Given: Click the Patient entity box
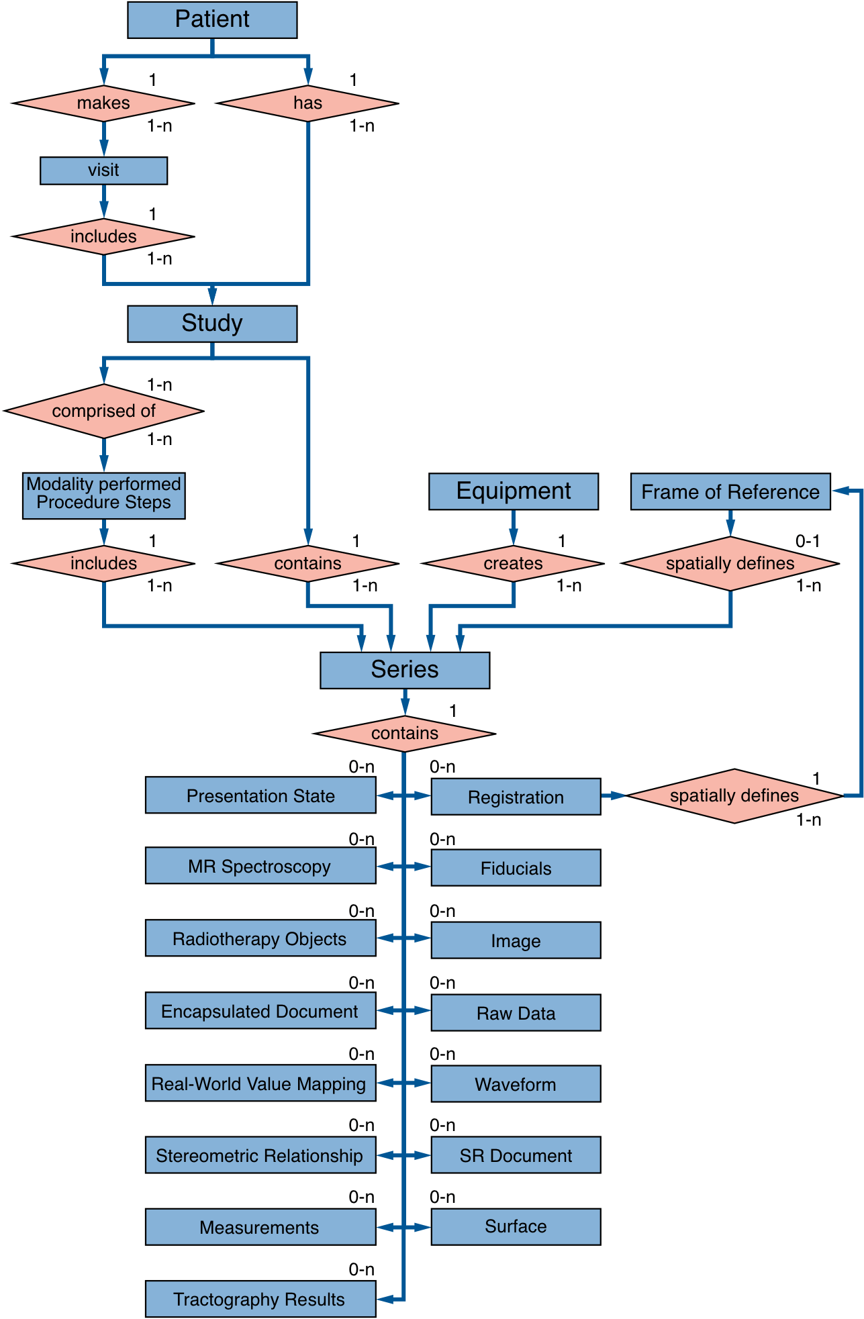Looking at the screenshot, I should pos(212,19).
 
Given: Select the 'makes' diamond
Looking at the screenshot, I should pos(103,103).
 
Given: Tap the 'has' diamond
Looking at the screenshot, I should pos(307,103).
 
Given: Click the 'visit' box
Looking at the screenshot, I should pos(103,170).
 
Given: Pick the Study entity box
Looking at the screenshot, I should pos(212,324).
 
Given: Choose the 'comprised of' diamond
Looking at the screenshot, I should pos(103,411).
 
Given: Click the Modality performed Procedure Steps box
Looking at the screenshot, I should pos(103,495).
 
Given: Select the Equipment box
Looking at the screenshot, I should pos(514,491).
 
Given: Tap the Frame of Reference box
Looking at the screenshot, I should pos(730,491).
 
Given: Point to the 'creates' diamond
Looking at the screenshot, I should pos(514,563).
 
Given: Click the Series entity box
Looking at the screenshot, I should pos(405,670).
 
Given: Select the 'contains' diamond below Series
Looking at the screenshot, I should pos(405,733).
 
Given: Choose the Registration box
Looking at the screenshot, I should pos(516,797).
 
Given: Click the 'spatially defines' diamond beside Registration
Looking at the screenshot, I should pos(734,795).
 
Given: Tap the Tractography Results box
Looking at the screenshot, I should pos(260,1299).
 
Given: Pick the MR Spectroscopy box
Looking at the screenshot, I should pos(260,866).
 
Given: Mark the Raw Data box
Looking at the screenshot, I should pos(516,1012).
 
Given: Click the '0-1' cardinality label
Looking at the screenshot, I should pos(808,541).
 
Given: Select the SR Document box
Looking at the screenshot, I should pos(516,1155).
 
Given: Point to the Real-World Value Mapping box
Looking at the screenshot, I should pos(260,1083).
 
